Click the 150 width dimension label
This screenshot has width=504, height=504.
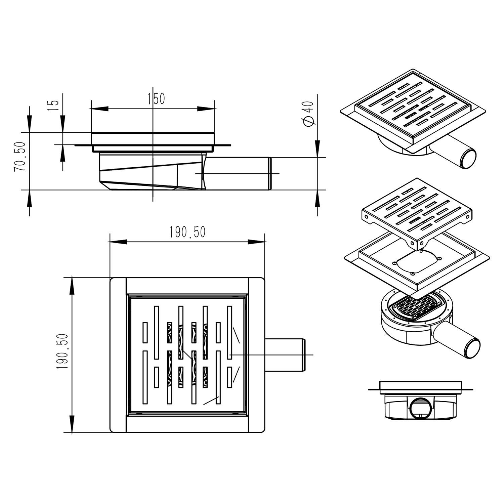click(x=156, y=99)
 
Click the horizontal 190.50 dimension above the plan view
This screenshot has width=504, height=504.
click(x=187, y=232)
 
